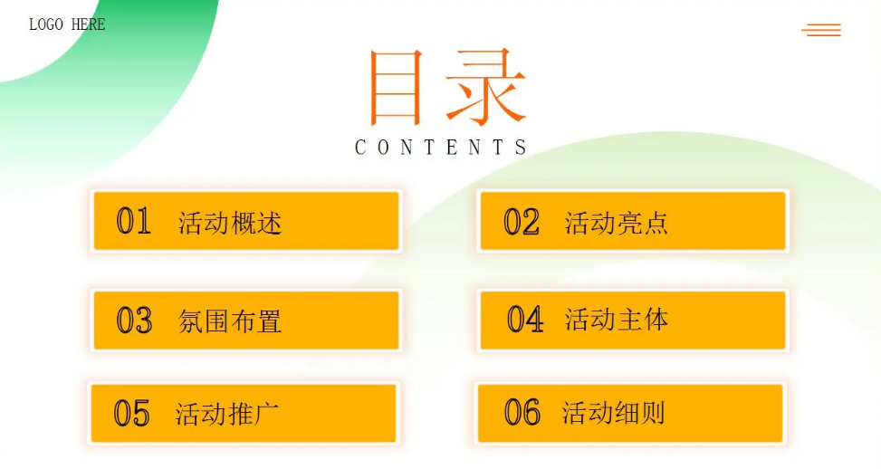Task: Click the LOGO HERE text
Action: click(x=67, y=24)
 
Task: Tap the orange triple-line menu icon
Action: click(x=821, y=30)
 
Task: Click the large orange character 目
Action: click(x=395, y=87)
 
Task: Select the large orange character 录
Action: click(x=486, y=87)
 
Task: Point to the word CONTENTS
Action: click(x=440, y=148)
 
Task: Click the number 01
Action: click(x=134, y=221)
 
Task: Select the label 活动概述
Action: click(x=230, y=223)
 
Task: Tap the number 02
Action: click(x=522, y=221)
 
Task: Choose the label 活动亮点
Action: click(x=617, y=223)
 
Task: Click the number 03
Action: click(x=134, y=321)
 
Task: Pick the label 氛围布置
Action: click(x=230, y=321)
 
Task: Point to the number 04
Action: click(x=525, y=319)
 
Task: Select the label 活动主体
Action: click(x=617, y=320)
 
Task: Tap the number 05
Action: click(x=131, y=414)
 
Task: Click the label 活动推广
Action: click(x=227, y=414)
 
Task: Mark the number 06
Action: click(x=522, y=412)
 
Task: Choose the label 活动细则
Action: click(x=614, y=413)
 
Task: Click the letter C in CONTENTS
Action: click(x=360, y=148)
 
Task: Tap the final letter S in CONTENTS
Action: click(x=521, y=148)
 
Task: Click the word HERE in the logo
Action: click(x=88, y=24)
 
